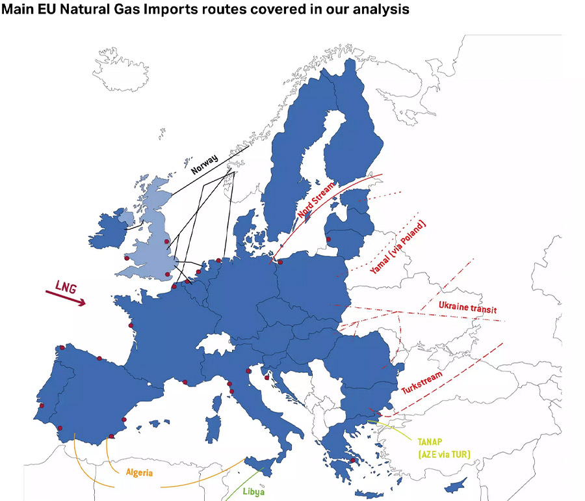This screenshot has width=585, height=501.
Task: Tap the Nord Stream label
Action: pyautogui.click(x=317, y=200)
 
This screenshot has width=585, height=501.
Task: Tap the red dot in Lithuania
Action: pyautogui.click(x=328, y=239)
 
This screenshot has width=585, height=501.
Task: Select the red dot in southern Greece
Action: pyautogui.click(x=352, y=461)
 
